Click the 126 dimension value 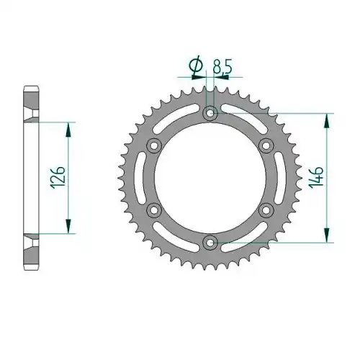tap(58, 177)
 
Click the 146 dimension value tap(316, 177)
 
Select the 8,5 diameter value tap(222, 67)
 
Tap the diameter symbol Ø tap(196, 65)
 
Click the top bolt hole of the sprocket tap(210, 113)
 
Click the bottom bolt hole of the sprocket tap(210, 243)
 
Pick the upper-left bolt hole tap(154, 145)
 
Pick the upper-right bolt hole tap(266, 145)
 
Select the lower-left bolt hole tap(154, 210)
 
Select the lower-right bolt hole tap(266, 210)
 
